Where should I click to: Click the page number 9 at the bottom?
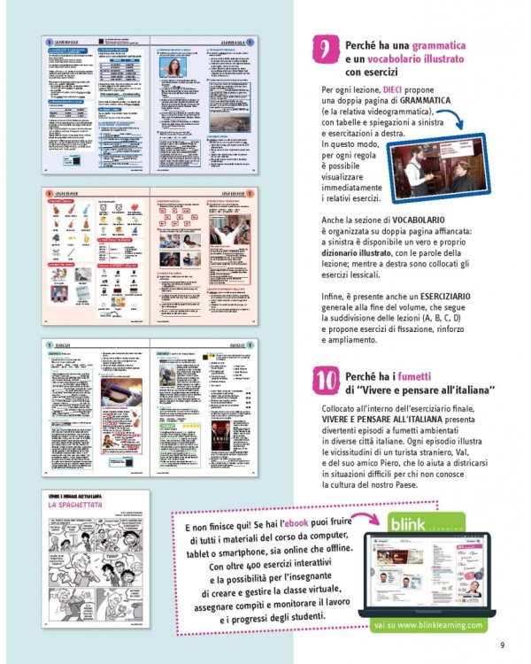[502, 645]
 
